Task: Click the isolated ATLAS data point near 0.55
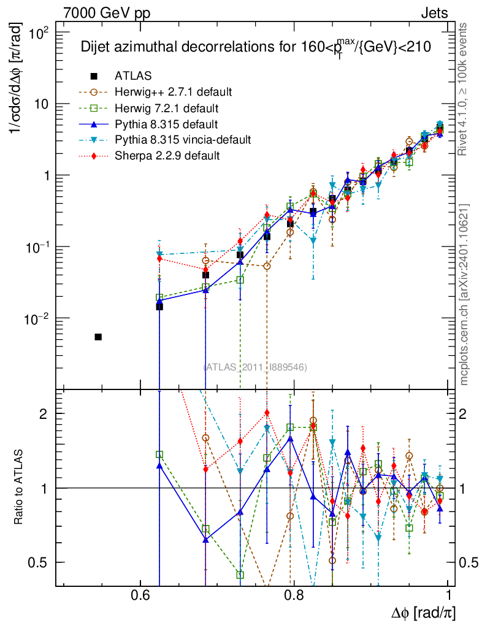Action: [98, 337]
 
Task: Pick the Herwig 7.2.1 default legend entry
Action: [166, 108]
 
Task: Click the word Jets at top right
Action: [434, 13]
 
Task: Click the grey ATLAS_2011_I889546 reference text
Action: [255, 367]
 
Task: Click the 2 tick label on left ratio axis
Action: [44, 413]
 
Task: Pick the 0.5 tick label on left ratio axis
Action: [40, 562]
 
